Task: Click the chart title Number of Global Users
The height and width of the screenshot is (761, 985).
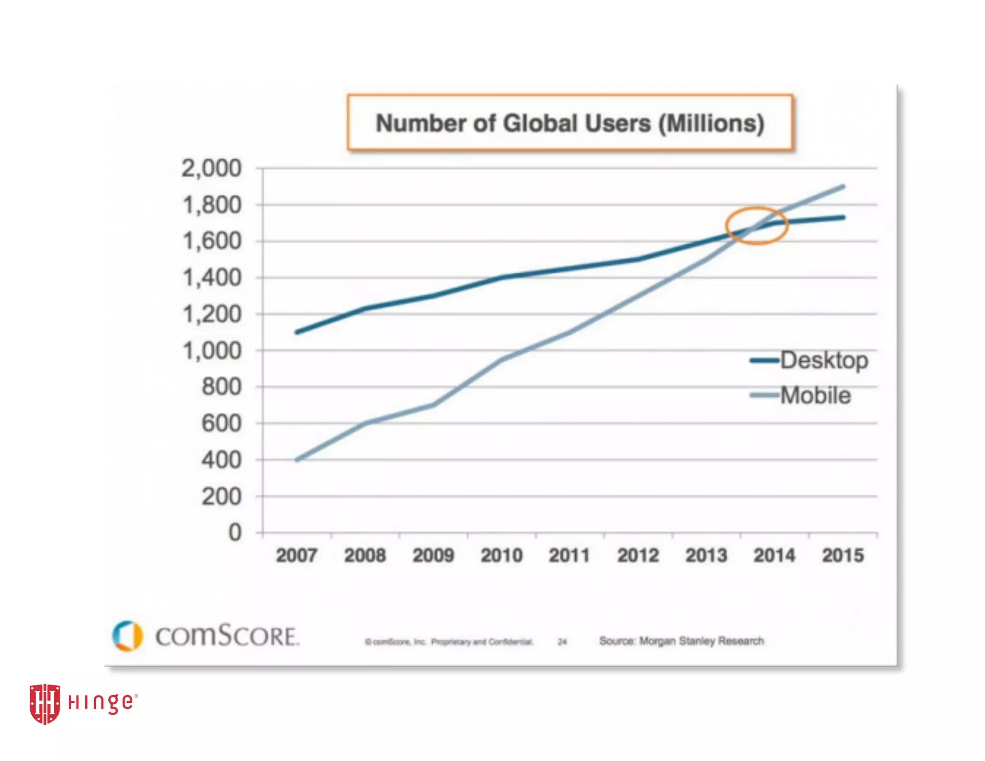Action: coord(570,123)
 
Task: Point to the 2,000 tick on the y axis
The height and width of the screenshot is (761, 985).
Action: coord(211,168)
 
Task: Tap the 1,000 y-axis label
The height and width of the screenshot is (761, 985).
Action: coord(212,351)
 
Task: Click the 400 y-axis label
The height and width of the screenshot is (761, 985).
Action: coord(221,460)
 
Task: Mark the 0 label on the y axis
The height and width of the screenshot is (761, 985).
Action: coord(235,533)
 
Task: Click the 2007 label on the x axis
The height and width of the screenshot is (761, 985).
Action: coord(296,556)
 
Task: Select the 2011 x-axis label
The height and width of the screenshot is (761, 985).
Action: coord(569,556)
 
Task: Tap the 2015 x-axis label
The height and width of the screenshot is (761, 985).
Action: coord(843,556)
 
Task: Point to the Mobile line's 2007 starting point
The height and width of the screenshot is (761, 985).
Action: coord(297,459)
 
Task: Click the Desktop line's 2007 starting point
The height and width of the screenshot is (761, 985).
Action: coord(297,332)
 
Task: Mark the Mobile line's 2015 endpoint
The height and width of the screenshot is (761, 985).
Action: coord(843,187)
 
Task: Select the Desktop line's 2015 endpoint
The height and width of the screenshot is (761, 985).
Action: coord(843,217)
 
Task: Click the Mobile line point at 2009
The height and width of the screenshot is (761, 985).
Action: coord(433,405)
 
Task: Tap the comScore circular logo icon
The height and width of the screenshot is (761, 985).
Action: coord(127,635)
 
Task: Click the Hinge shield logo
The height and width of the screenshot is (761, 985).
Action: coord(45,703)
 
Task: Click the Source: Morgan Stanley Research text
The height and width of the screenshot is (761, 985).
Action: coord(681,641)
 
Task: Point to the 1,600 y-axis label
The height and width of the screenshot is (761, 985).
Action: coord(212,241)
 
